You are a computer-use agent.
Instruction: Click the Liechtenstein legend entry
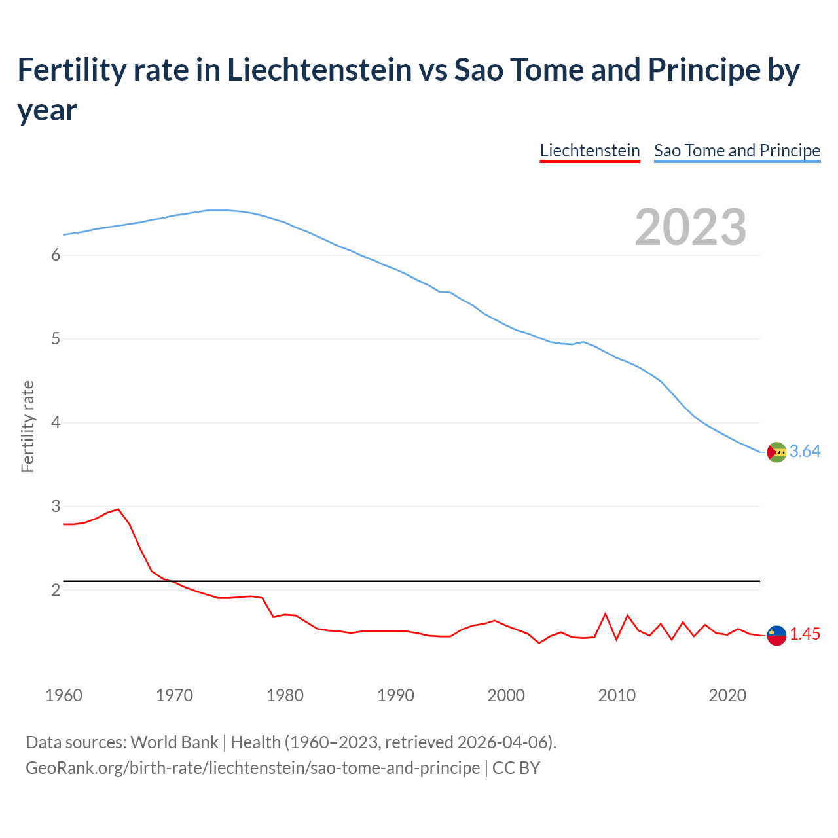pos(589,151)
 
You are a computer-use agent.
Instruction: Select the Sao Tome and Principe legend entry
pos(737,151)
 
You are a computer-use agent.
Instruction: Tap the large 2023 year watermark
pos(690,227)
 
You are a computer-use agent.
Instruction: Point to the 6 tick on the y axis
pos(56,255)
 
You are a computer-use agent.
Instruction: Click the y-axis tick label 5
pos(56,339)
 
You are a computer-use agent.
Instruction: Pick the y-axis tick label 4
pos(56,423)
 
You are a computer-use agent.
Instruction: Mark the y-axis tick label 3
pos(56,506)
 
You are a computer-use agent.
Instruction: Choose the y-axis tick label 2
pos(56,590)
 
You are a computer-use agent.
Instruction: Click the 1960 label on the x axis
pos(64,695)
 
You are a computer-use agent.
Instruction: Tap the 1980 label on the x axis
pos(285,695)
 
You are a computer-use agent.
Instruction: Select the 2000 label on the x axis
pos(506,695)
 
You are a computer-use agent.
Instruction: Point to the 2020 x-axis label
pos(727,695)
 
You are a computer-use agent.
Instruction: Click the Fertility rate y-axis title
pos(27,426)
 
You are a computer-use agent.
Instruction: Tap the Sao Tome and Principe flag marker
pos(776,452)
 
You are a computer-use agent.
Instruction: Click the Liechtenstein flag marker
pos(776,635)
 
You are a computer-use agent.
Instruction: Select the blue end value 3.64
pos(805,452)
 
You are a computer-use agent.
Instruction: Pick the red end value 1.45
pos(805,634)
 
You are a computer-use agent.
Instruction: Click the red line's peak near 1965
pos(118,509)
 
